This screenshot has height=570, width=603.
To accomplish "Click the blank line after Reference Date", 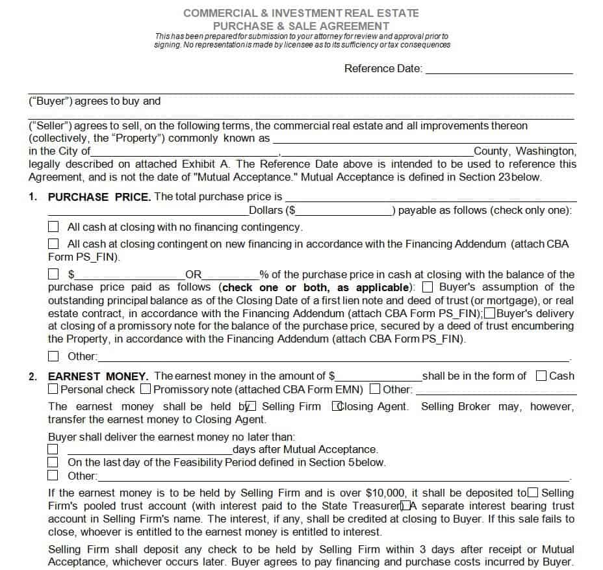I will pos(498,70).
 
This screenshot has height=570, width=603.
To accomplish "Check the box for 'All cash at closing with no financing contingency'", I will pos(54,227).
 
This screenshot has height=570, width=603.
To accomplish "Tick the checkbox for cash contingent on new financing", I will pos(54,244).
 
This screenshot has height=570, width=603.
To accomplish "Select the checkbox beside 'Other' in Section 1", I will pos(54,356).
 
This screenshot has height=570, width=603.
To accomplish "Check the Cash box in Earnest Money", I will pos(541,376).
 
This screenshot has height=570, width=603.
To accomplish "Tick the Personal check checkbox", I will pos(53,389).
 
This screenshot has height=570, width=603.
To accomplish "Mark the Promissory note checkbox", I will pos(146,389).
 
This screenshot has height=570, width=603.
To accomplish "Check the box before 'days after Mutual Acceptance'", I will pos(53,449).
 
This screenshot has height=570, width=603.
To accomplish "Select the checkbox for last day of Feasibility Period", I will pos(53,462).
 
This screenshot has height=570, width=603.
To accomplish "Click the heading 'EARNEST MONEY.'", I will pos(98,376).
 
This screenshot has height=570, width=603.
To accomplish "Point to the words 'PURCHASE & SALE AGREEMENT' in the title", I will pos(301,26).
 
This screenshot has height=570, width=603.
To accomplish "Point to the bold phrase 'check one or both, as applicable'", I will pos(316,287).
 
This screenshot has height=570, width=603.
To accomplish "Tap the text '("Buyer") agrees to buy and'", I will pos(94,101).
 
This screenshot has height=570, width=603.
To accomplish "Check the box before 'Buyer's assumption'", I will pos(428,287).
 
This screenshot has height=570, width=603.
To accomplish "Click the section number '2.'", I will pos(33,376).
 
